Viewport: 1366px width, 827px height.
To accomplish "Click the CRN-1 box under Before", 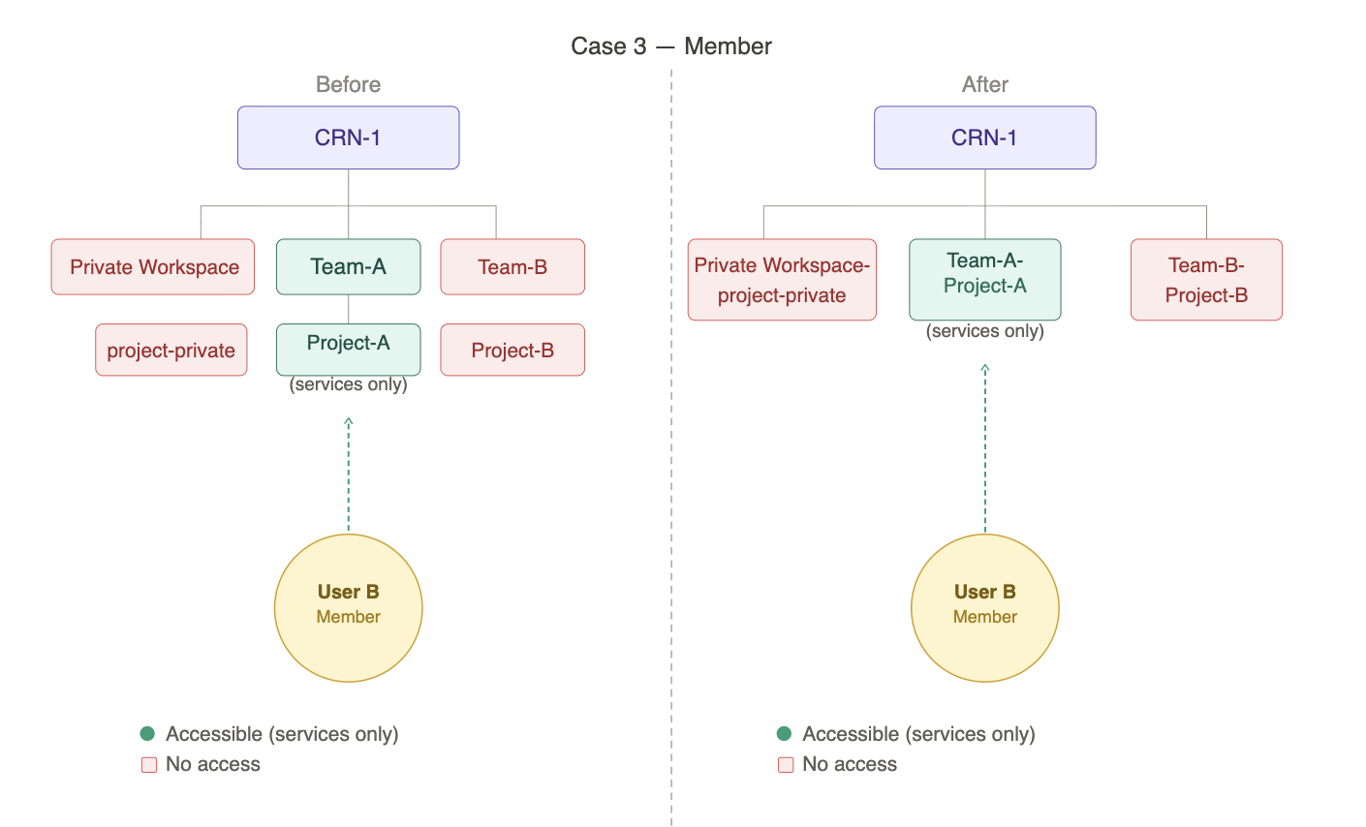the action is point(348,138).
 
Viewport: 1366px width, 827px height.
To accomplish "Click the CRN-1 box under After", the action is point(985,138).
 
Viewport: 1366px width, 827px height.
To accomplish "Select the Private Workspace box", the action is point(153,267).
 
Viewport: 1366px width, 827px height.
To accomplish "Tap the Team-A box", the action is point(348,267).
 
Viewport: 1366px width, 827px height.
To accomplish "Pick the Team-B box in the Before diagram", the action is point(512,267).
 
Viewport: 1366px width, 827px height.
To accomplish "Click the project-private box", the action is point(171,350).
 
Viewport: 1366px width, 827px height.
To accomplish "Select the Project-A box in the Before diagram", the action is point(348,350).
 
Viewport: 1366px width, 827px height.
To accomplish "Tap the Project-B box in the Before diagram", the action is point(512,350).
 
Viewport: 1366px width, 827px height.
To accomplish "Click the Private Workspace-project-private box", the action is point(782,280).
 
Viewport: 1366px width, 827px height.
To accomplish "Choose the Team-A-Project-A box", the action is point(985,280).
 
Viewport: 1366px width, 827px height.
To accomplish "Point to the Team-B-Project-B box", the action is point(1206,280).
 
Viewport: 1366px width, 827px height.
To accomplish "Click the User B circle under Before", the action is point(348,608).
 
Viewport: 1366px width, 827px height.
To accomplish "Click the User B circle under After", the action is point(985,608).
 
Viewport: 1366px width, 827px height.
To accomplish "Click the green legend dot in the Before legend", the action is point(147,733).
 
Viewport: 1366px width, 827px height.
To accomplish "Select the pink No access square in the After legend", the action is point(786,764).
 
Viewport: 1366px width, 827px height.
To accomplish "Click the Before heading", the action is point(348,84).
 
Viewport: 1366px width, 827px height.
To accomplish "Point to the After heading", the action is point(985,84).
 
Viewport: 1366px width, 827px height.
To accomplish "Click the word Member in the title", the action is point(729,46).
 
